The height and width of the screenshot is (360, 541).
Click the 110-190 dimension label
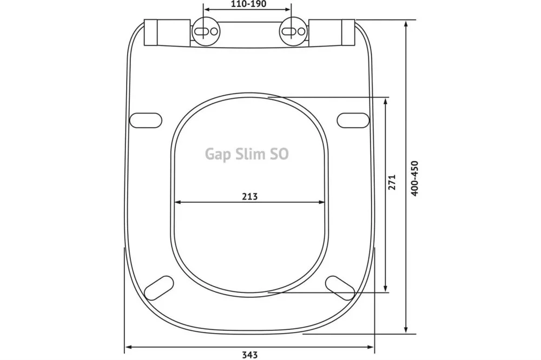coord(249,4)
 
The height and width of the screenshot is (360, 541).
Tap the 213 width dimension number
coord(249,197)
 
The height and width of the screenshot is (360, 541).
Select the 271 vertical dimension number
coord(392,182)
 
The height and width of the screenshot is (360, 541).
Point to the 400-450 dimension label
coord(414,178)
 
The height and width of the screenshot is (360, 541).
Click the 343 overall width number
coord(249,355)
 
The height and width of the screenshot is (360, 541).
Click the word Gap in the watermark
coord(217,154)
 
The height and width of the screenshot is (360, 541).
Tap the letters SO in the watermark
coord(279,154)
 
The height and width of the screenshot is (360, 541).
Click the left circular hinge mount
coord(206,31)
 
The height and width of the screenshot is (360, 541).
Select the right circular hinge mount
coord(293,31)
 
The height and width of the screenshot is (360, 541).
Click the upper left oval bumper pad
coord(146,121)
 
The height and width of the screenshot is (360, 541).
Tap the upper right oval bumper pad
coord(353,121)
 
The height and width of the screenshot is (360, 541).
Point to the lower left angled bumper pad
coord(159,288)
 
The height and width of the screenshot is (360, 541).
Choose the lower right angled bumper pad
coord(340,288)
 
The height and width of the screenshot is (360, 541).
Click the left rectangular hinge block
coord(167,33)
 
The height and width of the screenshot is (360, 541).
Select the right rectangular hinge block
coord(332,32)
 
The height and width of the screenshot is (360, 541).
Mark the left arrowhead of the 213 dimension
coord(178,202)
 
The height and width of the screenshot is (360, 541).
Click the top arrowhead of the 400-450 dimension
coord(406,24)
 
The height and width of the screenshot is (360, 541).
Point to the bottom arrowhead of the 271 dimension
coord(386,289)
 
